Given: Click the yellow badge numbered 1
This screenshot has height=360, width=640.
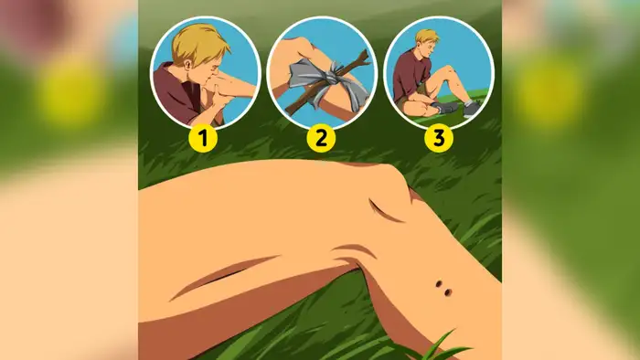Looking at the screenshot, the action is click(x=203, y=138).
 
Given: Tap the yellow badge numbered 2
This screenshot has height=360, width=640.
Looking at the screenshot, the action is click(x=321, y=138).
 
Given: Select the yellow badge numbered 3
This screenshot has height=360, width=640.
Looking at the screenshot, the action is click(x=438, y=138).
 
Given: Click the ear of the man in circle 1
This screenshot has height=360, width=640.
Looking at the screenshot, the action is click(x=187, y=65).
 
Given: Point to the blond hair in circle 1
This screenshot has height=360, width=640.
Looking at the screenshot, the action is click(x=198, y=43).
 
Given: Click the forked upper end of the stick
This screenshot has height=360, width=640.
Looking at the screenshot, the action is click(x=362, y=58).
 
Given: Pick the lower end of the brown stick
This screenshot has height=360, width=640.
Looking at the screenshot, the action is click(x=290, y=110).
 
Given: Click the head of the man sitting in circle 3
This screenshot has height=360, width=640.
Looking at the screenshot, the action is click(x=427, y=42).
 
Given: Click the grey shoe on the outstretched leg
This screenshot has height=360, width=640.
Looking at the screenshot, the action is click(x=472, y=109).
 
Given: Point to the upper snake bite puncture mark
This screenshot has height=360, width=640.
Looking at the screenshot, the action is click(x=439, y=284).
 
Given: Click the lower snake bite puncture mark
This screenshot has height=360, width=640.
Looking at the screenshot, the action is click(x=448, y=292).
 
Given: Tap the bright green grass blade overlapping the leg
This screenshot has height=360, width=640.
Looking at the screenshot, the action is click(x=443, y=347).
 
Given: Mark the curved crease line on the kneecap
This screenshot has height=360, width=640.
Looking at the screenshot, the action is click(x=385, y=211).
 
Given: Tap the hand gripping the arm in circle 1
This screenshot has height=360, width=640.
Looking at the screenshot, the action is click(x=218, y=94).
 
